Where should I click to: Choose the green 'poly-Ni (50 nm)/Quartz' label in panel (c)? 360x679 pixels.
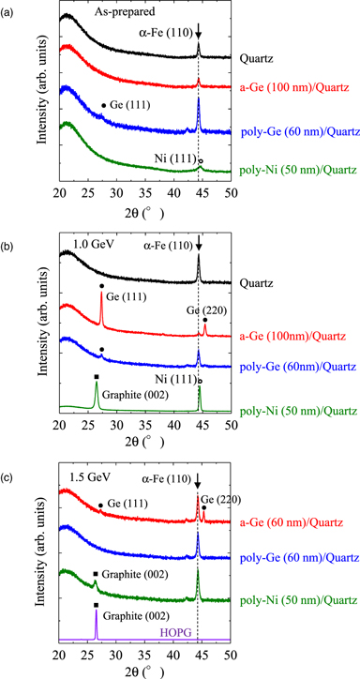click(299, 599)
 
